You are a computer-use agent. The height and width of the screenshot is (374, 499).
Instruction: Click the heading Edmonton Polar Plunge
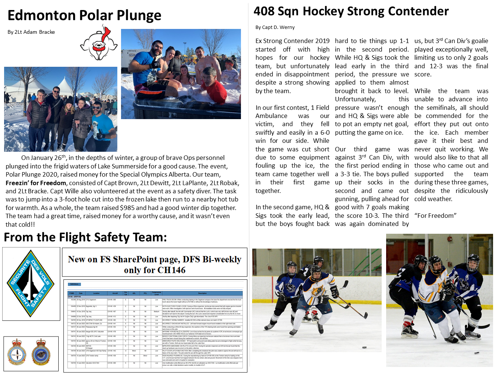click(84, 16)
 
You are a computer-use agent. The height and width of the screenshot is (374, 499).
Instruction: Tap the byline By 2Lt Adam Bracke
click(31, 32)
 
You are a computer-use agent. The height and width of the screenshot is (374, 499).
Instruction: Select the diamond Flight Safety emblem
click(31, 283)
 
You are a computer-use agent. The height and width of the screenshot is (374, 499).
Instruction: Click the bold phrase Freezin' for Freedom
click(36, 183)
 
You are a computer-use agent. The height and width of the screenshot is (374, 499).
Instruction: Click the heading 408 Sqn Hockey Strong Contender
click(351, 12)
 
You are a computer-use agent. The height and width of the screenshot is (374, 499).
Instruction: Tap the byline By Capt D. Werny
click(275, 27)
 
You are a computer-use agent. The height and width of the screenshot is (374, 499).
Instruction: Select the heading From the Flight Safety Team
click(85, 237)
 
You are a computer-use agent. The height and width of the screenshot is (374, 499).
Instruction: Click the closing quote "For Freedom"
click(435, 216)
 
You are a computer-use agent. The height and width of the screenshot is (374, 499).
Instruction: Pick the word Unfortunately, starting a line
click(355, 99)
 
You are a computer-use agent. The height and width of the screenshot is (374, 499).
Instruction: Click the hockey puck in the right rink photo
click(477, 352)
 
